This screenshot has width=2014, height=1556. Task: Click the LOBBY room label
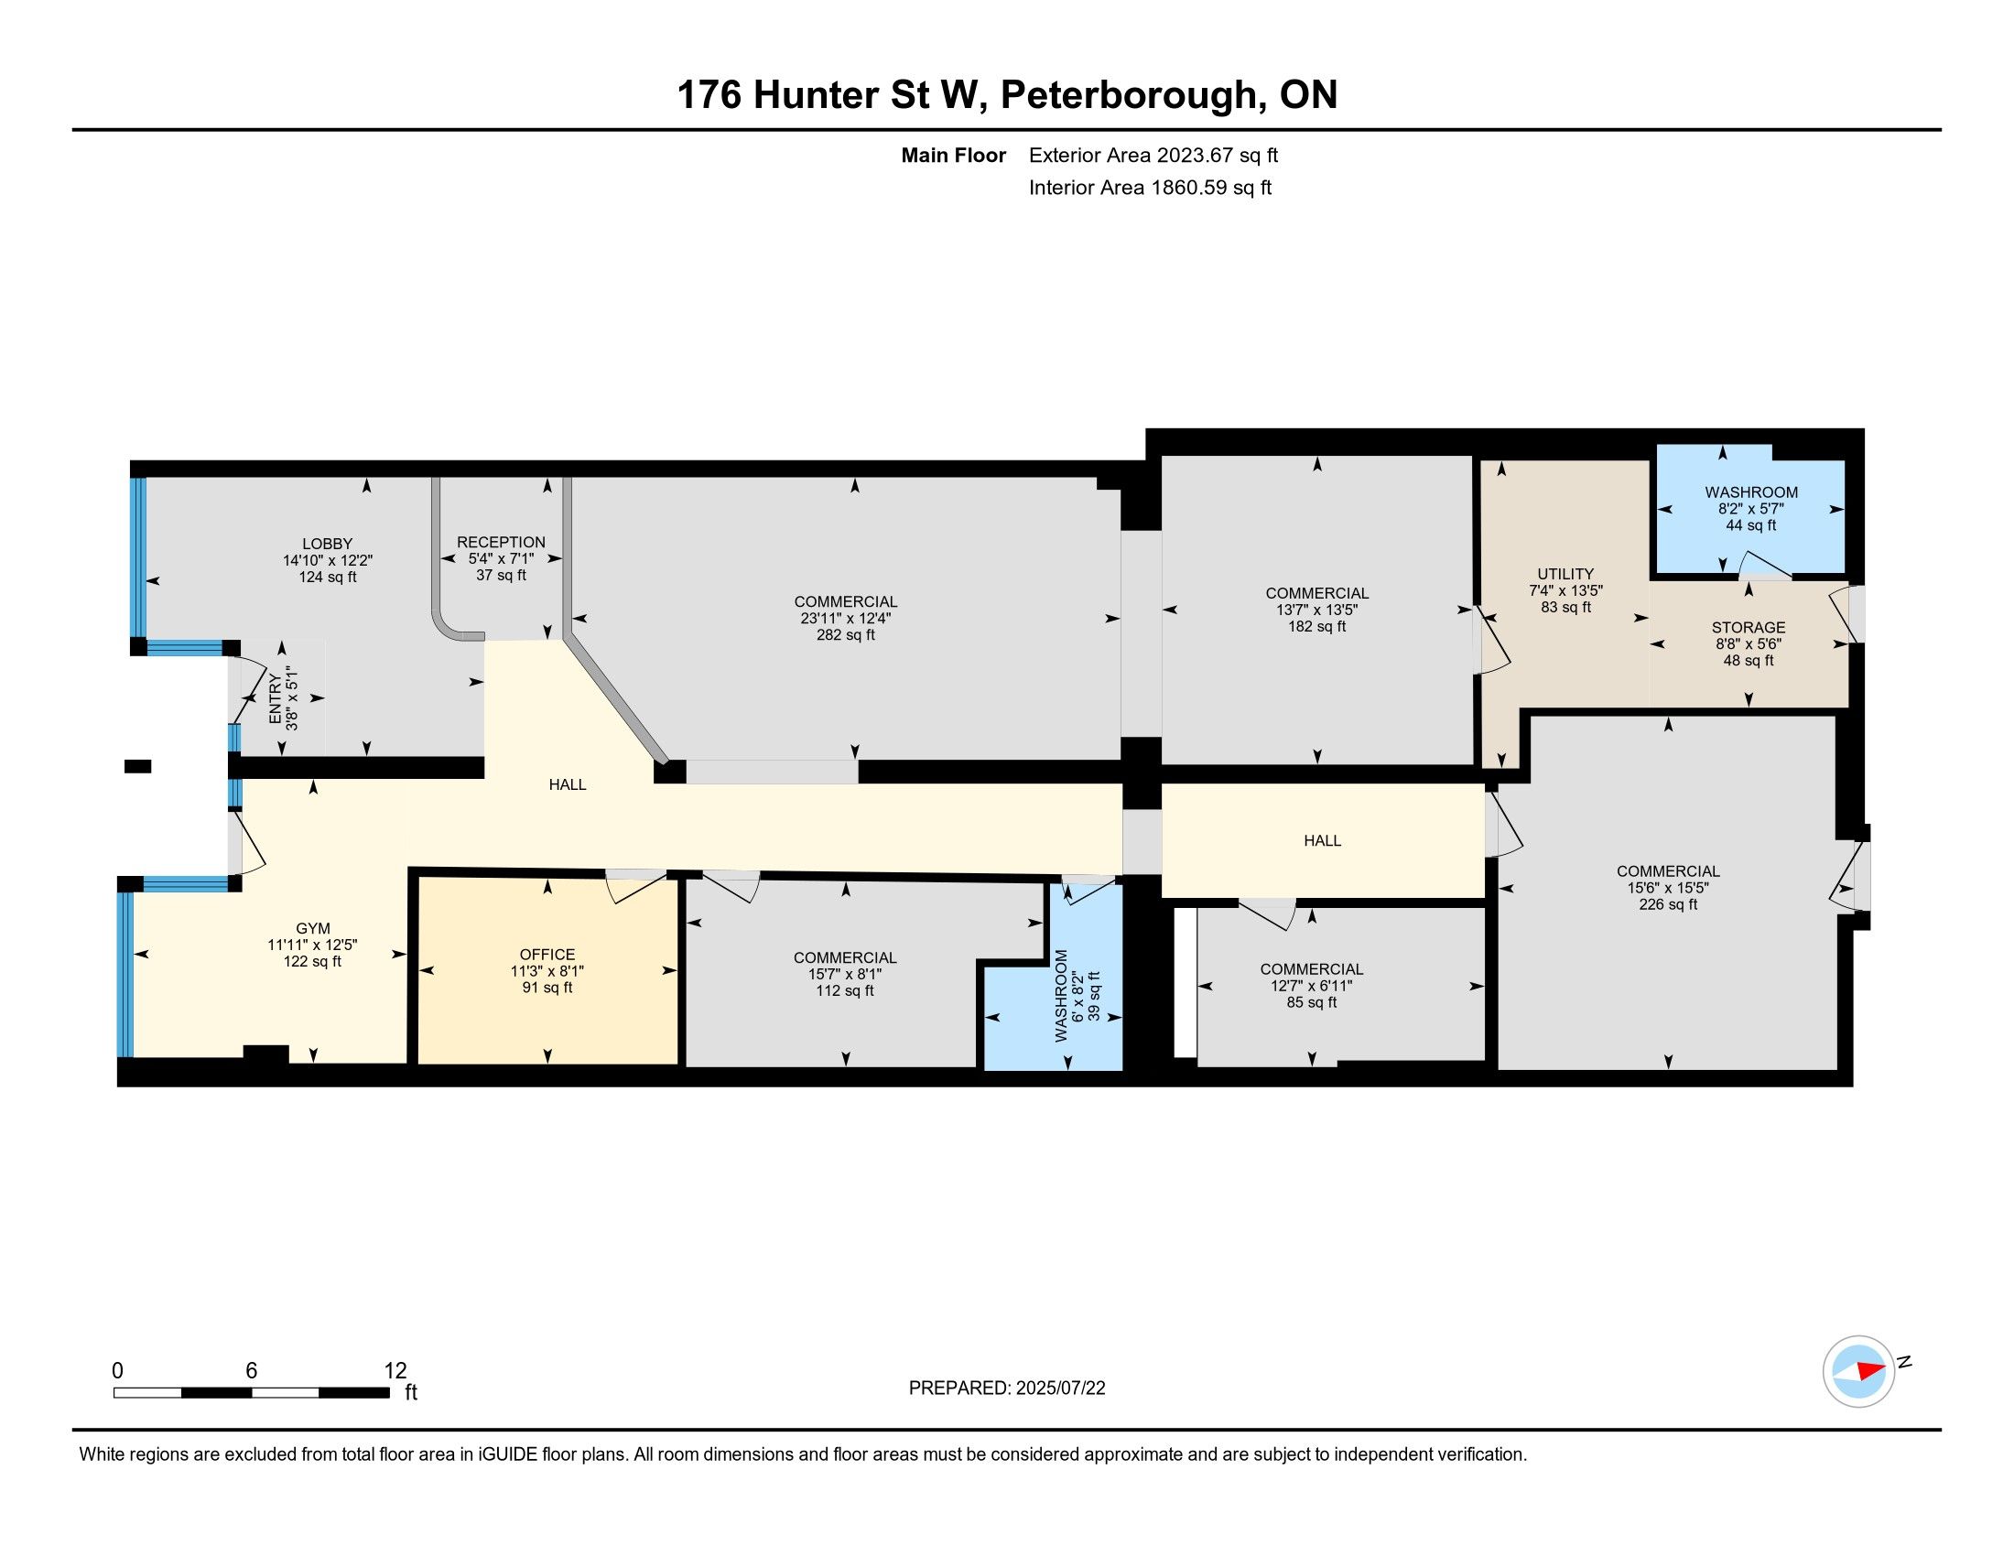pos(328,544)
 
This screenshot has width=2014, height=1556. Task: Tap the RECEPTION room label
pos(501,542)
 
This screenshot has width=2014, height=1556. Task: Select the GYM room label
pos(312,928)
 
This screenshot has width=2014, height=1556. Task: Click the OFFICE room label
pos(547,954)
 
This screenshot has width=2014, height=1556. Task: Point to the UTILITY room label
pos(1565,573)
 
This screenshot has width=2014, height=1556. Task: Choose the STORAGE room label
pos(1749,627)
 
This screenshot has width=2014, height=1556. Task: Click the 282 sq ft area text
pos(846,635)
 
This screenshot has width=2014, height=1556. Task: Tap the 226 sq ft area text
pos(1668,904)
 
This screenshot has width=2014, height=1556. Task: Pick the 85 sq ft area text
pos(1311,1002)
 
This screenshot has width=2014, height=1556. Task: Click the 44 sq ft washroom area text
pos(1751,525)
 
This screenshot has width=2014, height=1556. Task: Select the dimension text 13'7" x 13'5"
pos(1316,610)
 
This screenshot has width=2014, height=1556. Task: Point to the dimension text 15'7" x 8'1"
pos(845,975)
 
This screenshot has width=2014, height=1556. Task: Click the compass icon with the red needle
pos(1859,1371)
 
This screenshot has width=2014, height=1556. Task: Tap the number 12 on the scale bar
pos(395,1370)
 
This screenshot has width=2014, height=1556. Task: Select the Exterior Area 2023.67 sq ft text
pos(1153,155)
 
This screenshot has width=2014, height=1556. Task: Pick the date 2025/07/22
pos(1060,1389)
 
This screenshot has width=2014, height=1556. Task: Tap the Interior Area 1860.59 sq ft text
pos(1150,187)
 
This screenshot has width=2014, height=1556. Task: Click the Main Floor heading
pos(954,155)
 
